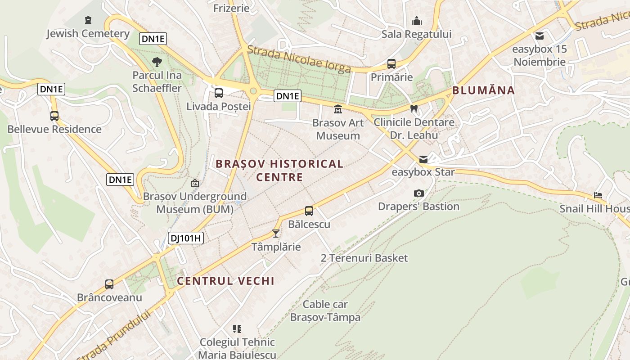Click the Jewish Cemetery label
point(88,33)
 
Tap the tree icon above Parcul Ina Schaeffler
point(157,62)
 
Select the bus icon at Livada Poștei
point(218,93)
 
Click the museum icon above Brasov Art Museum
point(337,109)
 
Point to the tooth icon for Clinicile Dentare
point(414,108)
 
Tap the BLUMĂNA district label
point(483,90)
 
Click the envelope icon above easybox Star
point(423,159)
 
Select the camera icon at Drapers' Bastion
point(418,193)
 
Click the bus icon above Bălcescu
point(309,211)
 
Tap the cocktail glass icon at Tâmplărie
point(276,234)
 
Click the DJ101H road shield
point(186,238)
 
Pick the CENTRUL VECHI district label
point(225,281)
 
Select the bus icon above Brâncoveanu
point(109,284)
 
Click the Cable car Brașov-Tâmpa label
point(325,310)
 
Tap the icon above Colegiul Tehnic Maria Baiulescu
point(237,329)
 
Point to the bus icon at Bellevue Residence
point(54,116)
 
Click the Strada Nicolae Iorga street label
point(299,59)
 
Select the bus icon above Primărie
point(391,64)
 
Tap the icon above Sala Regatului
point(417,21)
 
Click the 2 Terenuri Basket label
point(364,258)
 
